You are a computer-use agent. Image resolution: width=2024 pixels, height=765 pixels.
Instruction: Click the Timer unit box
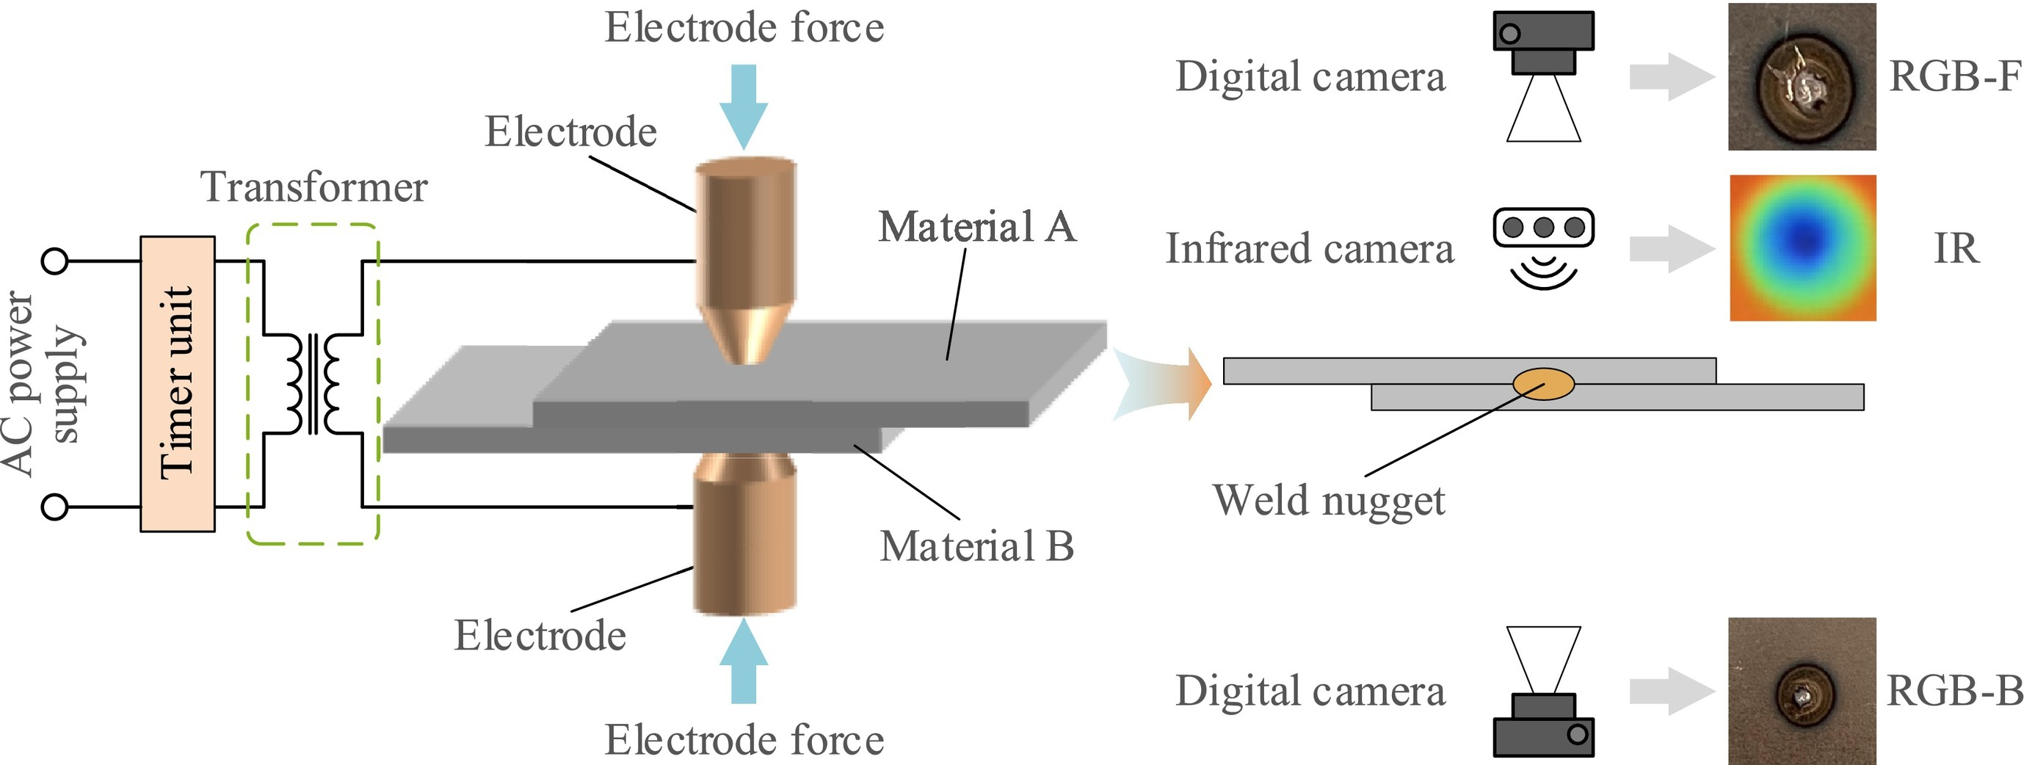[x=178, y=384]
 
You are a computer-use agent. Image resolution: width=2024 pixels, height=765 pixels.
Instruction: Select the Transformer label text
[x=314, y=188]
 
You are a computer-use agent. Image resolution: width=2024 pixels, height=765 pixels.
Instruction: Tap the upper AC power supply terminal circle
[x=54, y=261]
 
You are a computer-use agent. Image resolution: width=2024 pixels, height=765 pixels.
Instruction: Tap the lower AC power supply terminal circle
[x=54, y=507]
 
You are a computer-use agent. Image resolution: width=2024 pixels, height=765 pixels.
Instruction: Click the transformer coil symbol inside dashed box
[x=313, y=384]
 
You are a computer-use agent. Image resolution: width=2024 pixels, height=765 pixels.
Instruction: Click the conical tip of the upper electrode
[x=746, y=334]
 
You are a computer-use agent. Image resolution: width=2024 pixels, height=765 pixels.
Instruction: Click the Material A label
[x=976, y=228]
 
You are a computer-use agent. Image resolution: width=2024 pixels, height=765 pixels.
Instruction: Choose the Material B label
[x=976, y=547]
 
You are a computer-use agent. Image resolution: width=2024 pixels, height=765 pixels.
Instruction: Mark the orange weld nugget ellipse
[x=1544, y=384]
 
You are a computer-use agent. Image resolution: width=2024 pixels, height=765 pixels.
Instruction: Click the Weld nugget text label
[x=1329, y=500]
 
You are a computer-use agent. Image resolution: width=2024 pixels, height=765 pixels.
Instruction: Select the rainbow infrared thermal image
[x=1802, y=247]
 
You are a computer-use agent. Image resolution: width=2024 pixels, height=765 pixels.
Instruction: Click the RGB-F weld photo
[x=1802, y=77]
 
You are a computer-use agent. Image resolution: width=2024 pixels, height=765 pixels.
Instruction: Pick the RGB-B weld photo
[x=1802, y=691]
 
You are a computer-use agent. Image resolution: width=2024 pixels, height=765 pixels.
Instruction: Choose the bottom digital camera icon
[x=1543, y=691]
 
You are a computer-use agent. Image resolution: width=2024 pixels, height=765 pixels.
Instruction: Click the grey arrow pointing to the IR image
[x=1670, y=248]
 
